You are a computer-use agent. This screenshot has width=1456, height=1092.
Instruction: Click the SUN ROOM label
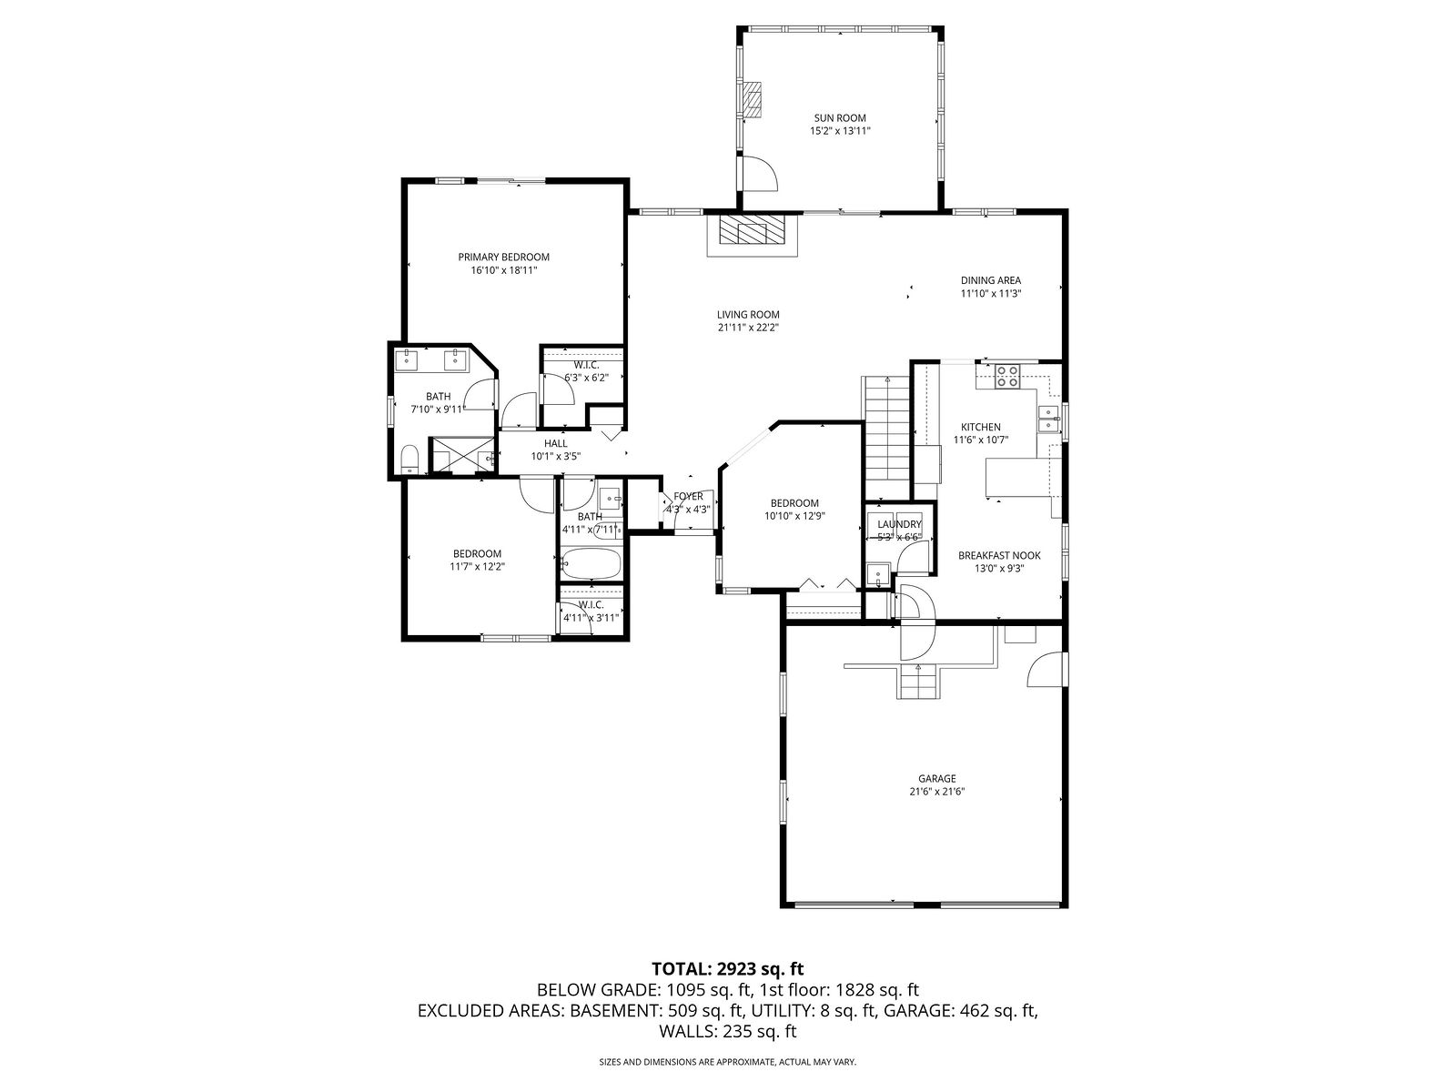pos(840,118)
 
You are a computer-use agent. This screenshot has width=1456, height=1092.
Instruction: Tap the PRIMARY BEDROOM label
pos(503,258)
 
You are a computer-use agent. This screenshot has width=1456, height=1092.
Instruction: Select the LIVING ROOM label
pos(748,315)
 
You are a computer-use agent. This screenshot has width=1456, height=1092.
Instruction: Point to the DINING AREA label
pos(990,280)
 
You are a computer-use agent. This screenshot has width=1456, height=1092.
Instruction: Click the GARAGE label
pos(936,778)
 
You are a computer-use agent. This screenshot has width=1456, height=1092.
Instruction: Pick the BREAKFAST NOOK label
pos(999,556)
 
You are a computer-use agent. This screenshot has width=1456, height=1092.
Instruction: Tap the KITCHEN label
pos(980,427)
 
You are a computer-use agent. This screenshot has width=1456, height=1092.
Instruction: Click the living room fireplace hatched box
pos(753,230)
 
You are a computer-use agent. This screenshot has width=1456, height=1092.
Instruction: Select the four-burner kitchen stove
pos(1007,376)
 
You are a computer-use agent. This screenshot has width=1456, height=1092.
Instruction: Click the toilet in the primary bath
pos(409,459)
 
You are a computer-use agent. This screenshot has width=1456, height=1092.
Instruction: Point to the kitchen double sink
pos(1047,419)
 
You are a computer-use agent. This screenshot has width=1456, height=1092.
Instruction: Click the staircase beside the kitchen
pos(885,438)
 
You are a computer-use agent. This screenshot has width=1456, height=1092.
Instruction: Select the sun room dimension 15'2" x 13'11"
pos(840,131)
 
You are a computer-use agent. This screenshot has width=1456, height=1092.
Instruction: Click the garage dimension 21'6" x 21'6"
pos(936,792)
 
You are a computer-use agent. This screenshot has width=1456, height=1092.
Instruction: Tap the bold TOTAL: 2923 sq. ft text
pos(728,968)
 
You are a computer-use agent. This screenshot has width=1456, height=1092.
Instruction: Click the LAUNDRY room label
pos(899,524)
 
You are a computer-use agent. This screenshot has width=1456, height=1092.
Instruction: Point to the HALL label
pos(556,443)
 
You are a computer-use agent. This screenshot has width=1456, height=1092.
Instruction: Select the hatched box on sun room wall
pos(753,99)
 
